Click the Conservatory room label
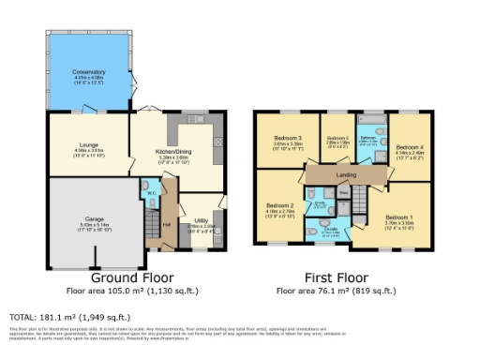(x=90, y=72)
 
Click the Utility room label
(x=201, y=222)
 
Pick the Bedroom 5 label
(x=337, y=140)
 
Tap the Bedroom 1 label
(x=397, y=217)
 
